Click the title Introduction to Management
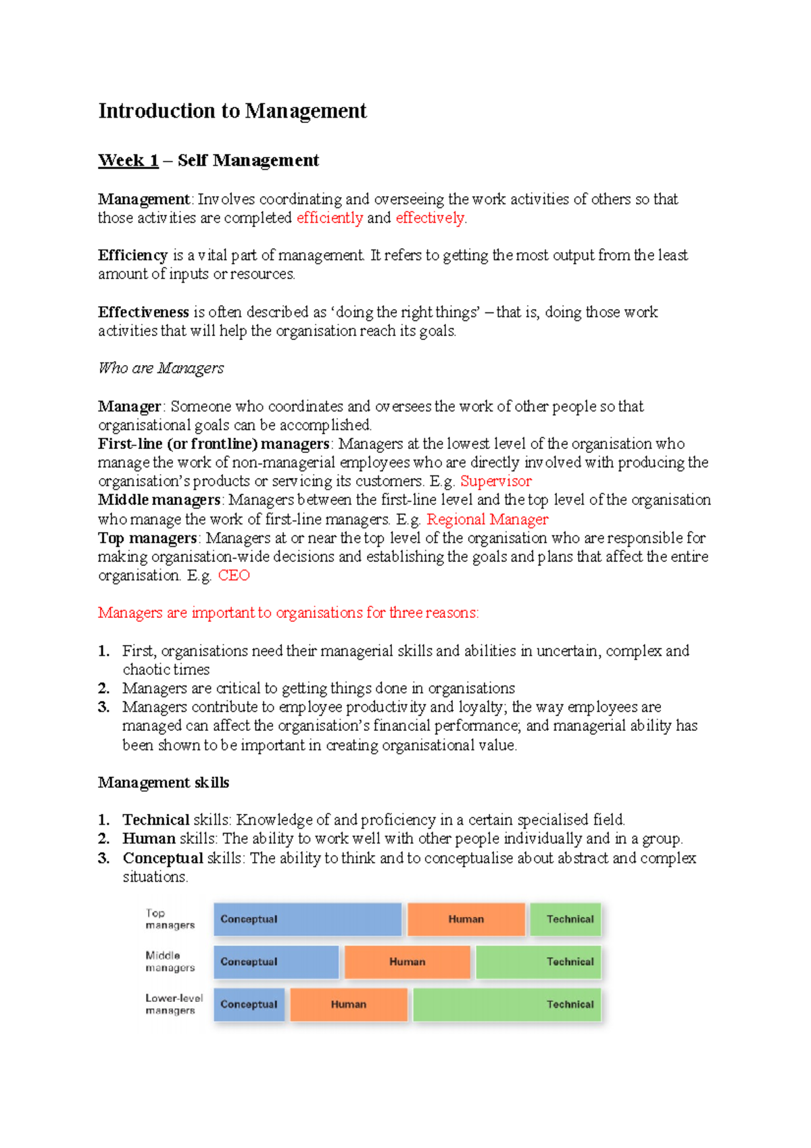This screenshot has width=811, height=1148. click(232, 111)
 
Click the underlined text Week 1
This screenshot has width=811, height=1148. click(128, 161)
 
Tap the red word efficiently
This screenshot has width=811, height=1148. click(330, 218)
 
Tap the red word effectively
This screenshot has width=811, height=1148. click(430, 218)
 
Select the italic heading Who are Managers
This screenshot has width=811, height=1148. click(161, 368)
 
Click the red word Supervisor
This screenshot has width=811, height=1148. click(495, 481)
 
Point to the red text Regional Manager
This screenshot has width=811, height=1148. click(487, 519)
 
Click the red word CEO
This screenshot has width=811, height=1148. click(234, 575)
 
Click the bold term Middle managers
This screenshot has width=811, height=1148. click(159, 500)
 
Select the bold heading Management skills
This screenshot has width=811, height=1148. click(164, 783)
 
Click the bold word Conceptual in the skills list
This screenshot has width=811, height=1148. click(163, 858)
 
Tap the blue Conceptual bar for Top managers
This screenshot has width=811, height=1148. click(308, 919)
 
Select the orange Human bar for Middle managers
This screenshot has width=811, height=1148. click(407, 962)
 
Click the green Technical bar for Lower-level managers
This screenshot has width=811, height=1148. click(507, 1005)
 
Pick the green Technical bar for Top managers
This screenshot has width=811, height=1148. click(565, 919)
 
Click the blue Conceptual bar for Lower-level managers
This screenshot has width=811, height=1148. click(249, 1005)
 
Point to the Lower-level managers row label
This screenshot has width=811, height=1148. click(174, 1004)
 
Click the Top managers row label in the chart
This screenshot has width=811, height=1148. click(169, 919)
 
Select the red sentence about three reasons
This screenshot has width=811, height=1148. click(288, 613)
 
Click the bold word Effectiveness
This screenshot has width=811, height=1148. click(143, 312)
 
